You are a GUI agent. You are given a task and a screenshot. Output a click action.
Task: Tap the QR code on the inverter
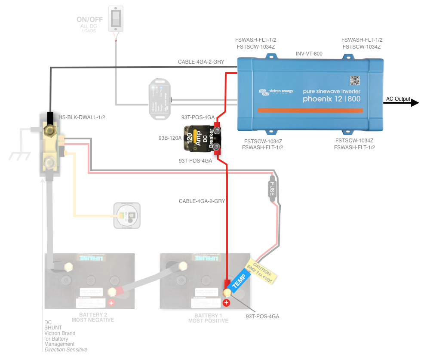354,80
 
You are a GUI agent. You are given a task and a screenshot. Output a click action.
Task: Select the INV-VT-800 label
309,54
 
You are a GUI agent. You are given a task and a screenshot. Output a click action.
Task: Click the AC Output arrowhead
415,103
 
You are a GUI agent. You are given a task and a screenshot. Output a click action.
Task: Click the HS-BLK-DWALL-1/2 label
82,117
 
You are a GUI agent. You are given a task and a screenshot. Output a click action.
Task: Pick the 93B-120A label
169,138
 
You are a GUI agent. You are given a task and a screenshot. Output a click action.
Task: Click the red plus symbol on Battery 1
227,303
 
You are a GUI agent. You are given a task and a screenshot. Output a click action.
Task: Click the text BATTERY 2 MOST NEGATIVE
93,317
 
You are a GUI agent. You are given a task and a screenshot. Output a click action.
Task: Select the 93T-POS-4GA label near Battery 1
262,316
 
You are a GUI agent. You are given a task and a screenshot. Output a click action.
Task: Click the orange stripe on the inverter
310,111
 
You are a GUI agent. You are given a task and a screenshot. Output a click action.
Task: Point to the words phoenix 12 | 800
332,99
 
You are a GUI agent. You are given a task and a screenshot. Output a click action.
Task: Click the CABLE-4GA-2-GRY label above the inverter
201,62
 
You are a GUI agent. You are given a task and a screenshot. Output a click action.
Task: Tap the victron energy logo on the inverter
276,92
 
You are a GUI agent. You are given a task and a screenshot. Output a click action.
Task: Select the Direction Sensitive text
66,350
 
